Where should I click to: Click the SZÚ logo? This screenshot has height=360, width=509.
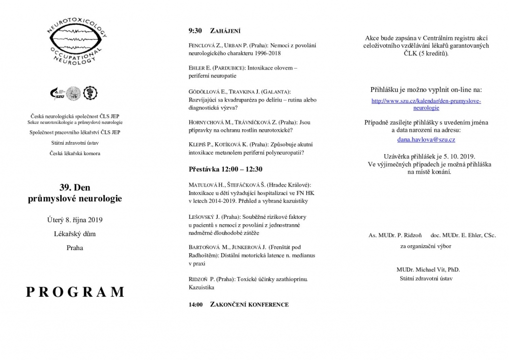(58, 92)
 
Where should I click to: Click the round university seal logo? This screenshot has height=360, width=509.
(74, 92)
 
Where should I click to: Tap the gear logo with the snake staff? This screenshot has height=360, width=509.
(90, 92)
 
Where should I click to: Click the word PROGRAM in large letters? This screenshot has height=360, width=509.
(75, 291)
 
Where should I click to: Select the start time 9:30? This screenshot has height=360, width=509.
(195, 31)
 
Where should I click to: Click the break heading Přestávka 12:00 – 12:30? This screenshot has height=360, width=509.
(225, 169)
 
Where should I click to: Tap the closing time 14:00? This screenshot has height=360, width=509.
(195, 304)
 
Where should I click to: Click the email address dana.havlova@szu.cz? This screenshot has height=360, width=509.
(426, 140)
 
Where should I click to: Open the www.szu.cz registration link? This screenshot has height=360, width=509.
(426, 104)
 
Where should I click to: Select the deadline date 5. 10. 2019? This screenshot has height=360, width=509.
(461, 155)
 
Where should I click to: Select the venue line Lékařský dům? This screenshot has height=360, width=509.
(75, 233)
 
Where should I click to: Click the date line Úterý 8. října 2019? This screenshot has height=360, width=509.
(75, 219)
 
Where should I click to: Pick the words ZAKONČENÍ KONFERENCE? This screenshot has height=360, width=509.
(250, 304)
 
